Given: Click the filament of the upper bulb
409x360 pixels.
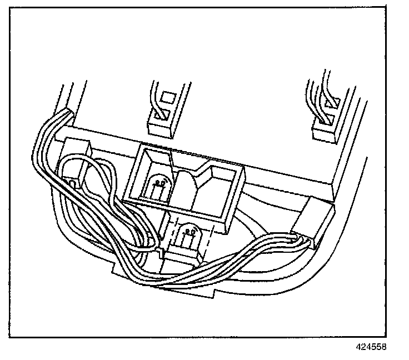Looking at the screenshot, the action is pos(161,181).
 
